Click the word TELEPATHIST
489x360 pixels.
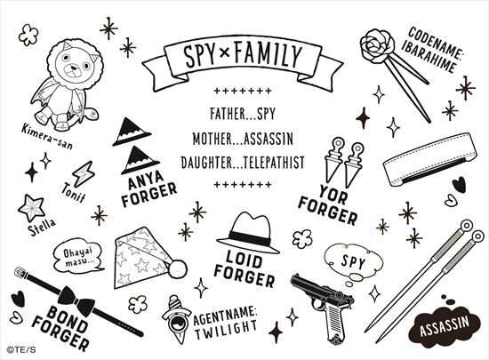273,163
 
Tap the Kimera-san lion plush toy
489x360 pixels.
67,84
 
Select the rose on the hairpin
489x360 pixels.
377,46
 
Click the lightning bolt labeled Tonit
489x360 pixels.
84,173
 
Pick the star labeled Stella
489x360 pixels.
31,208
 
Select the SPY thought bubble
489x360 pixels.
353,262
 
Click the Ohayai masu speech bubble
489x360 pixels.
78,256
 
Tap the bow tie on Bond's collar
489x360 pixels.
76,300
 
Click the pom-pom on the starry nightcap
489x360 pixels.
178,269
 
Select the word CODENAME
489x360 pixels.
437,43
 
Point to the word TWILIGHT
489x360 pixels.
226,330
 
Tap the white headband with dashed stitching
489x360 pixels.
430,159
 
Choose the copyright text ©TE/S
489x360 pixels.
21,350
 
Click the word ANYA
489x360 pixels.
146,180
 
